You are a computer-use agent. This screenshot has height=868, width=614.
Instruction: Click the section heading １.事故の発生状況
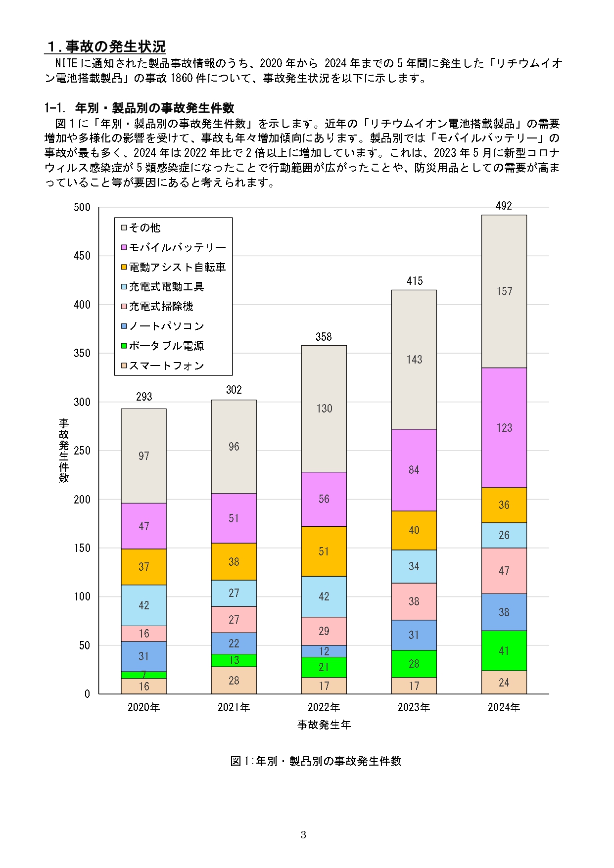pyautogui.click(x=106, y=46)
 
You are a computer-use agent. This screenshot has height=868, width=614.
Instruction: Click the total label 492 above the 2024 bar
pyautogui.click(x=504, y=206)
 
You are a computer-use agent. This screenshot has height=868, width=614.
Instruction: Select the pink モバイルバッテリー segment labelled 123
pyautogui.click(x=504, y=428)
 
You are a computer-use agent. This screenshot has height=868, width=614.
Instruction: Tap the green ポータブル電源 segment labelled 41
pyautogui.click(x=504, y=651)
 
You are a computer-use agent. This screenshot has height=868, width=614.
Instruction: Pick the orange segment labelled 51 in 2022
pyautogui.click(x=324, y=551)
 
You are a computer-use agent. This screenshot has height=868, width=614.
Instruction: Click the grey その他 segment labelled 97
pyautogui.click(x=143, y=456)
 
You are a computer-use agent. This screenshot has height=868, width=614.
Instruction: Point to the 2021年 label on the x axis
pyautogui.click(x=234, y=707)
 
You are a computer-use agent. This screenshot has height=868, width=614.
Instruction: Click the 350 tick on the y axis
pyautogui.click(x=82, y=353)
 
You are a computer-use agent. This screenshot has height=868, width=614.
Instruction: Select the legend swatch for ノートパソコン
pyautogui.click(x=124, y=326)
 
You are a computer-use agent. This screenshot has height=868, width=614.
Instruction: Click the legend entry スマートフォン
pyautogui.click(x=166, y=366)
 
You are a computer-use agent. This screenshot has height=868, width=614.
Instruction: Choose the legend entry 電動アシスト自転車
pyautogui.click(x=177, y=267)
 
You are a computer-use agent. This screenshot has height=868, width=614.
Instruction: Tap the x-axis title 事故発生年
pyautogui.click(x=324, y=725)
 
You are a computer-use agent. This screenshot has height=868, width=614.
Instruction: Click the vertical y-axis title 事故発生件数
pyautogui.click(x=64, y=450)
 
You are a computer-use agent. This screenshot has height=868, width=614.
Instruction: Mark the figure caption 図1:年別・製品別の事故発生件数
pyautogui.click(x=316, y=761)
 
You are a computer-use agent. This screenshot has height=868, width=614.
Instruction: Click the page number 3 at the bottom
pyautogui.click(x=303, y=835)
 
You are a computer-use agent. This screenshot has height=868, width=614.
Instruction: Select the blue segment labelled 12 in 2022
pyautogui.click(x=324, y=651)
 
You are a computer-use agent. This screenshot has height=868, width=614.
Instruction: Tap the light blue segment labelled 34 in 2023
pyautogui.click(x=414, y=566)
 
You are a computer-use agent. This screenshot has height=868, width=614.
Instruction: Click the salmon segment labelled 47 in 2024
pyautogui.click(x=504, y=571)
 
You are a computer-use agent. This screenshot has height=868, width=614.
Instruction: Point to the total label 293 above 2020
pyautogui.click(x=144, y=397)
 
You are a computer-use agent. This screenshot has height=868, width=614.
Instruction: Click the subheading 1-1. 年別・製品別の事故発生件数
pyautogui.click(x=139, y=108)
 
